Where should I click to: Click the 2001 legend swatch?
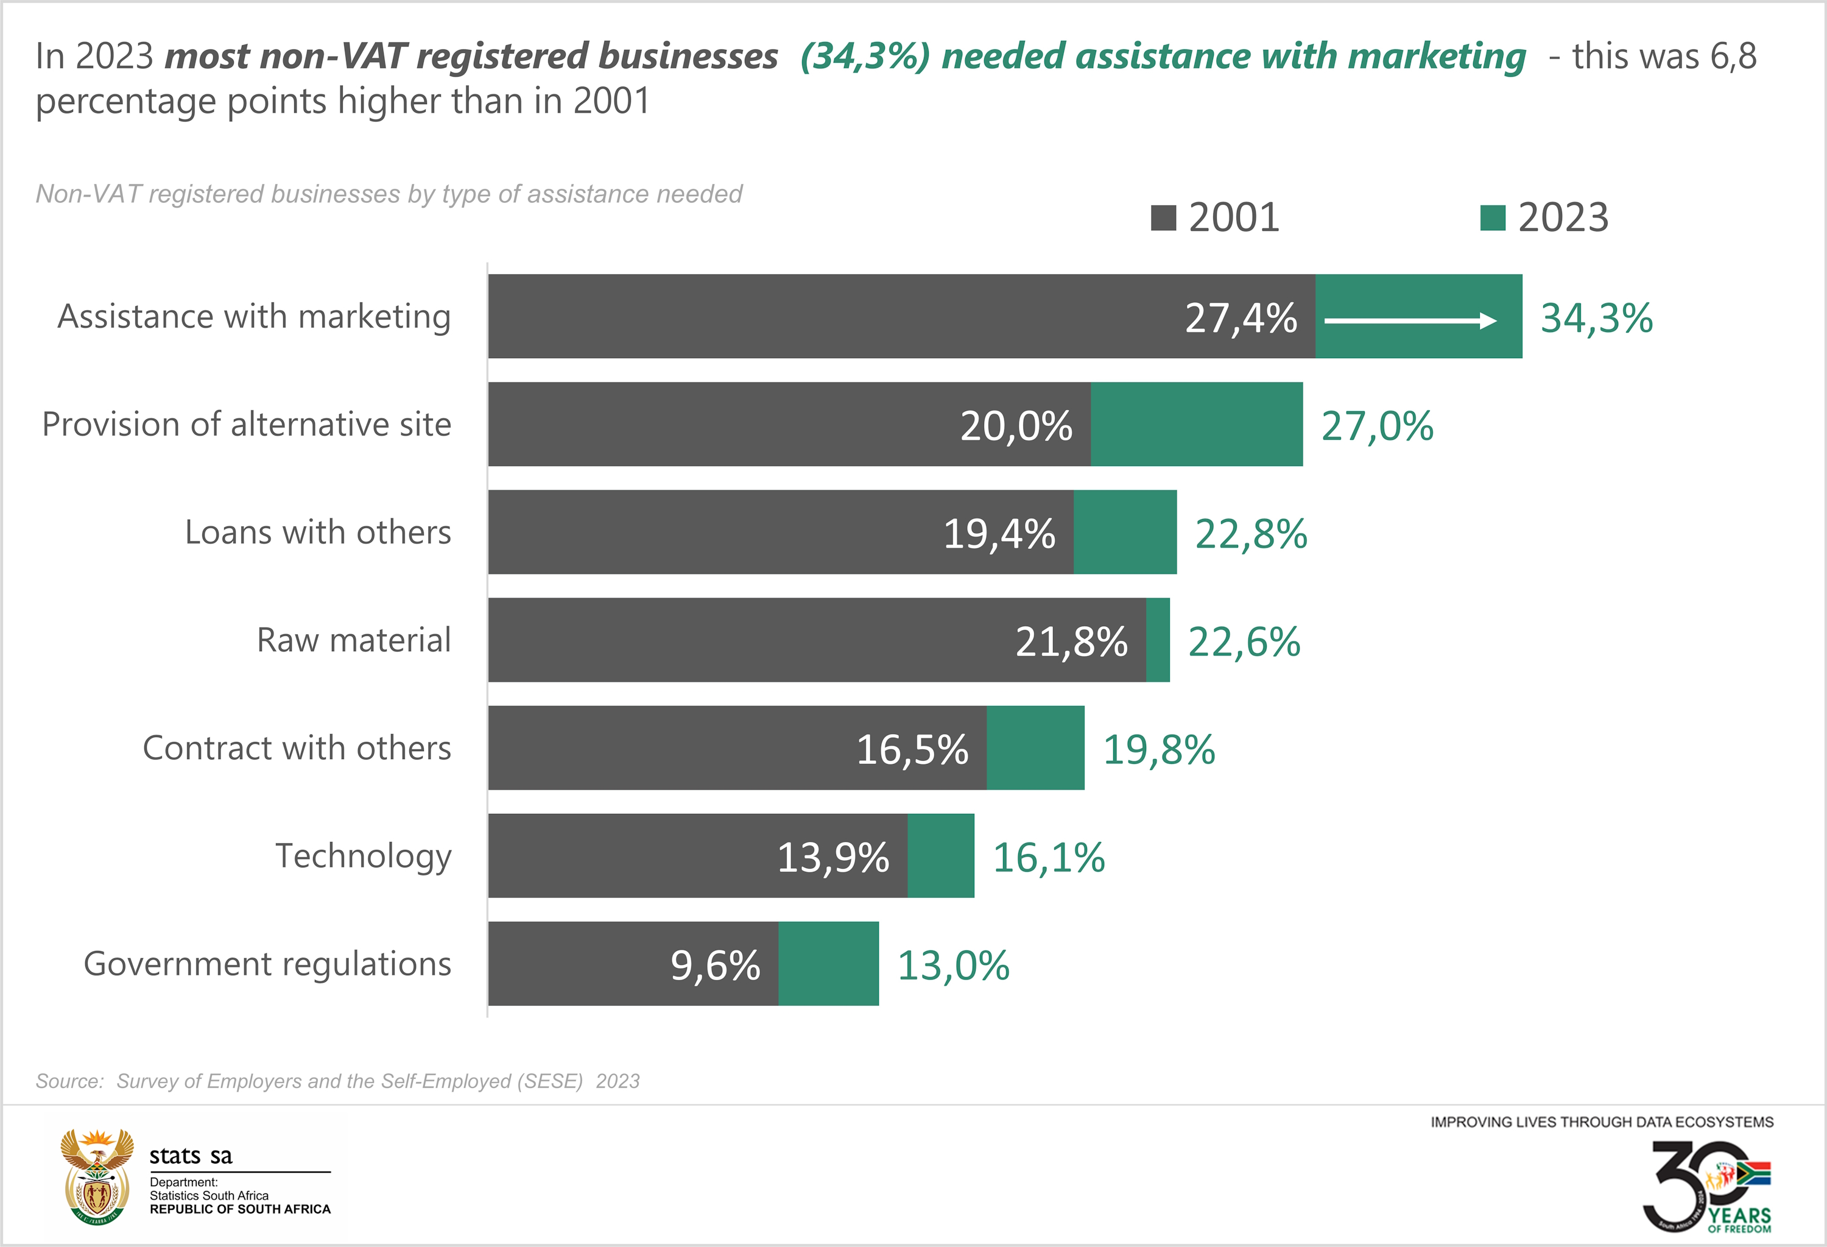(1163, 218)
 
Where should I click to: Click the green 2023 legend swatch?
(1492, 218)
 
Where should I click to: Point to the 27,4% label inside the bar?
(1241, 319)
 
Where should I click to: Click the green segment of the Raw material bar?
(1158, 640)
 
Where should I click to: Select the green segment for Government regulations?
(829, 964)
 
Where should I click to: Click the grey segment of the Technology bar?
(697, 855)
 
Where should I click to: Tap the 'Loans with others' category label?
(318, 532)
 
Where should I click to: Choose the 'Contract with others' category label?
(297, 747)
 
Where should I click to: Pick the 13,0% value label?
(953, 966)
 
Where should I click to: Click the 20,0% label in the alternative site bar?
(1016, 426)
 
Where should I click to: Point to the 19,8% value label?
(1159, 749)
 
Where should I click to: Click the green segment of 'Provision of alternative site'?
(1197, 425)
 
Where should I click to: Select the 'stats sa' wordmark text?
(191, 1156)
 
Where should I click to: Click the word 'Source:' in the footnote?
(69, 1081)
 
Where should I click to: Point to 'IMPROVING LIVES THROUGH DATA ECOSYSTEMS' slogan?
(1602, 1122)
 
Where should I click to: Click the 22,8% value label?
(1251, 534)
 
